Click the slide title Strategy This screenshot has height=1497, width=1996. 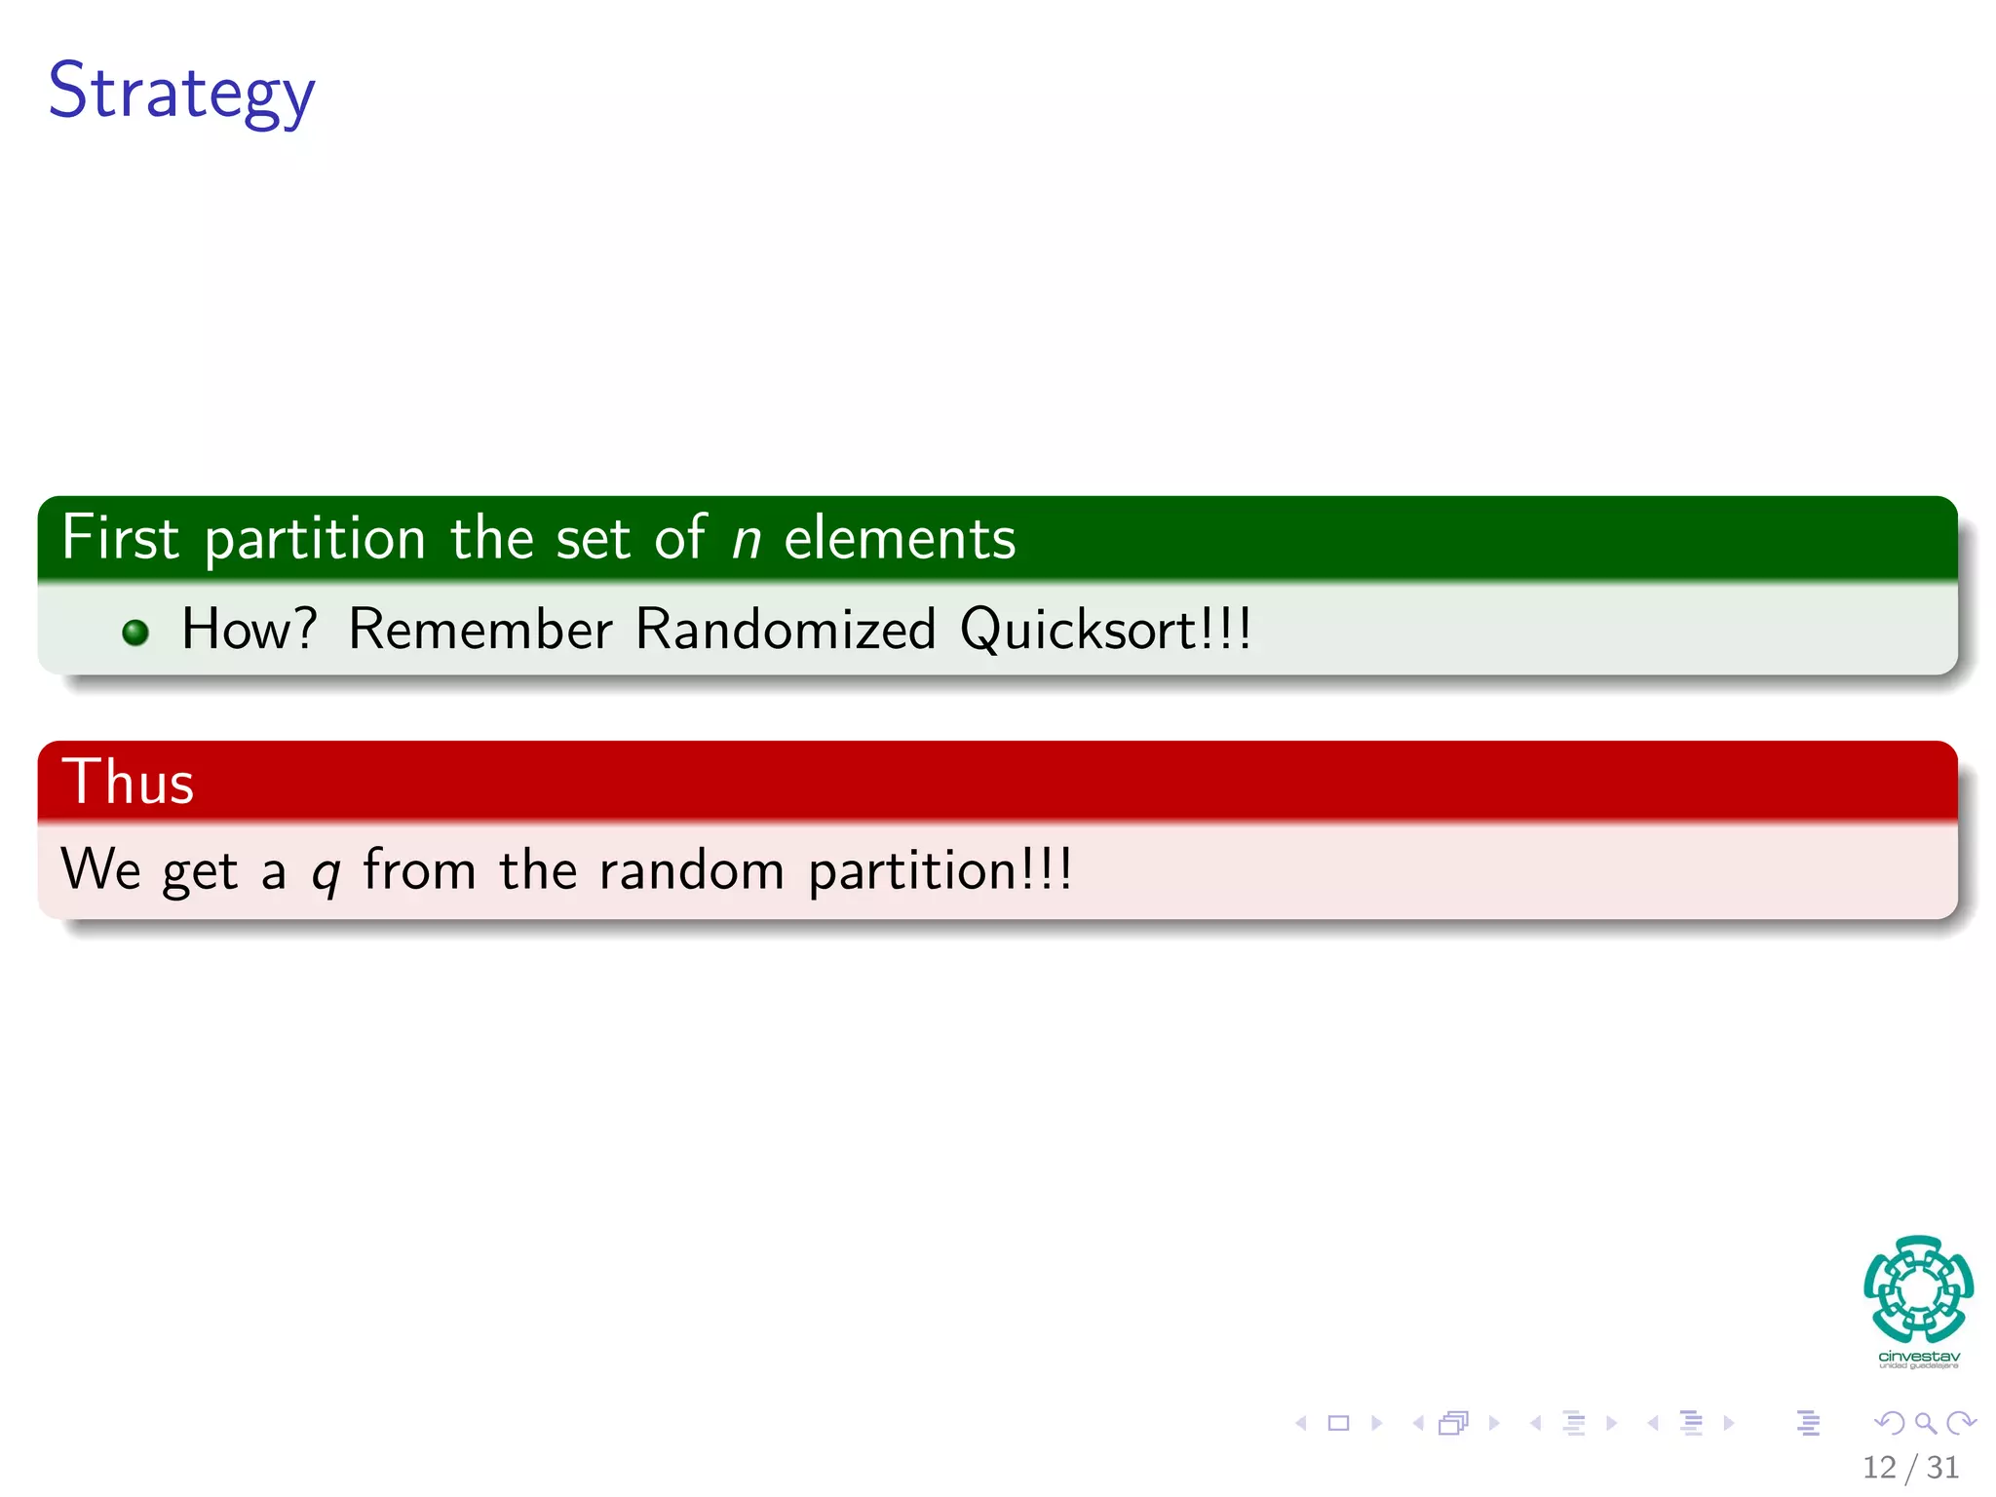181,92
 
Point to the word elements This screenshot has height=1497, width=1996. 900,539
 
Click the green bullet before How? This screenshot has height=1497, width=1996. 135,633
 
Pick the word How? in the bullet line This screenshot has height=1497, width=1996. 249,629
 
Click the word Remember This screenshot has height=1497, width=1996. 480,629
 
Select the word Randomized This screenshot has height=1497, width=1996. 786,629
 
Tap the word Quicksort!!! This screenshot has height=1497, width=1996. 1105,630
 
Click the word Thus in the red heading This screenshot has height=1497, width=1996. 128,782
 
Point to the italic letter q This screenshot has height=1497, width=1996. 326,873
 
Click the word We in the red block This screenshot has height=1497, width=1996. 101,869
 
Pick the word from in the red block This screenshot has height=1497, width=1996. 419,869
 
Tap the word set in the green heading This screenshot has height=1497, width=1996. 593,539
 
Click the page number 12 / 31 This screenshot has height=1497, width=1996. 1910,1467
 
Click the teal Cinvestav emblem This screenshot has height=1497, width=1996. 1918,1287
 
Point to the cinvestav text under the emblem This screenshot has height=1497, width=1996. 1918,1357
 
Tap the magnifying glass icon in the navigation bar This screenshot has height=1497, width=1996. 1925,1423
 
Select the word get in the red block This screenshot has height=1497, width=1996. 200,872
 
